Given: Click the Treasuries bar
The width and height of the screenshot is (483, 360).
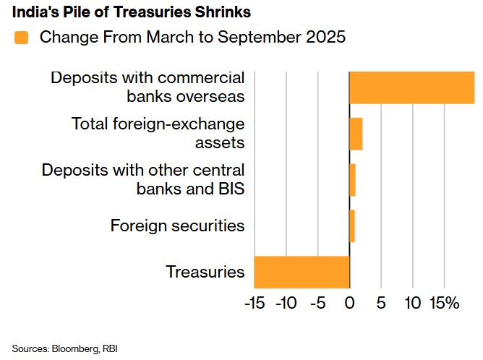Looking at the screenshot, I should point(302,272).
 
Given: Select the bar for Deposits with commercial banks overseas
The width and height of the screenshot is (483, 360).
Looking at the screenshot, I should point(411,87).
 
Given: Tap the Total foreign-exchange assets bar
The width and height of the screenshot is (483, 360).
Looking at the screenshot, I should point(356,134).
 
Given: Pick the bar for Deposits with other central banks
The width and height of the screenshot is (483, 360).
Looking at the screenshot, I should point(352,180).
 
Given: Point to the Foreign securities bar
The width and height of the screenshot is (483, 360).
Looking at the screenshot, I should point(352,226).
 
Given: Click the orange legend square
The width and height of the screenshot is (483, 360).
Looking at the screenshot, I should point(21,38).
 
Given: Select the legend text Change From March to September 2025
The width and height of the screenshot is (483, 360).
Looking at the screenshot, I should point(192,38).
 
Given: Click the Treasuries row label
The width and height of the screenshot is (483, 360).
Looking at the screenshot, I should point(205,273).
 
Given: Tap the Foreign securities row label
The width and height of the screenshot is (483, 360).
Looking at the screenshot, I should point(177,226).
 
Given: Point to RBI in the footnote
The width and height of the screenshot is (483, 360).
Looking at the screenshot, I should point(110,348).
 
